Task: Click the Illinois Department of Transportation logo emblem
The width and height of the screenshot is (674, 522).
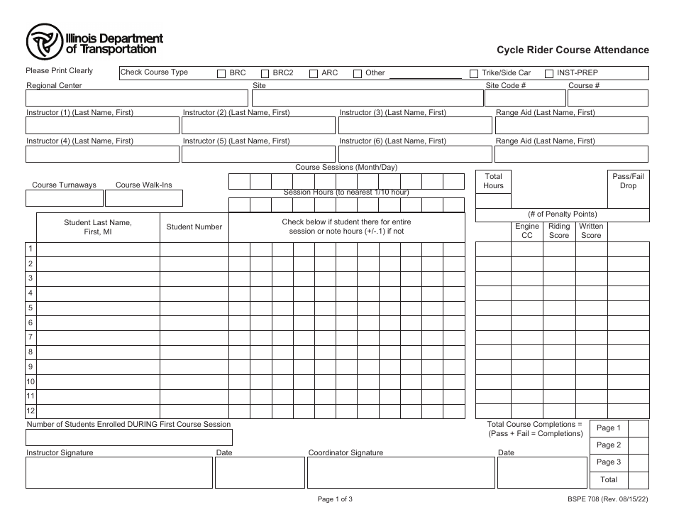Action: pyautogui.click(x=45, y=43)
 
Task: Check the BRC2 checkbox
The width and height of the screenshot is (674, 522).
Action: pyautogui.click(x=265, y=73)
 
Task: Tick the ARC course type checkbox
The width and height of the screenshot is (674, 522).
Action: pyautogui.click(x=314, y=73)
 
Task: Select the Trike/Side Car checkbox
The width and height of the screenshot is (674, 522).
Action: pyautogui.click(x=474, y=73)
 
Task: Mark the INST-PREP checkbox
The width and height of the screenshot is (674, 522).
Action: pyautogui.click(x=549, y=73)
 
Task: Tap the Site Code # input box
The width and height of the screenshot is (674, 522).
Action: pyautogui.click(x=524, y=98)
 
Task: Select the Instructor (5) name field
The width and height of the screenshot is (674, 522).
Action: pyautogui.click(x=258, y=154)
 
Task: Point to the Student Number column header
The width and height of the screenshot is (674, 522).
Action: pyautogui.click(x=194, y=227)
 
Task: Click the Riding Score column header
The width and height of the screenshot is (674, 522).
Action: pyautogui.click(x=559, y=231)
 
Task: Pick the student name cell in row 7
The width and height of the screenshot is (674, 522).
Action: pyautogui.click(x=98, y=337)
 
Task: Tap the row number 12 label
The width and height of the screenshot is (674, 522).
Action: pyautogui.click(x=31, y=411)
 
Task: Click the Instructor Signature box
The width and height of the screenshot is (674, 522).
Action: pyautogui.click(x=119, y=472)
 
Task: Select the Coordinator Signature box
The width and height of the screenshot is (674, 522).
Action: pyautogui.click(x=401, y=472)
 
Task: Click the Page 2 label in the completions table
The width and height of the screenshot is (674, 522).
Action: pyautogui.click(x=608, y=445)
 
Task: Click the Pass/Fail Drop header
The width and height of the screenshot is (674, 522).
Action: pyautogui.click(x=628, y=180)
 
